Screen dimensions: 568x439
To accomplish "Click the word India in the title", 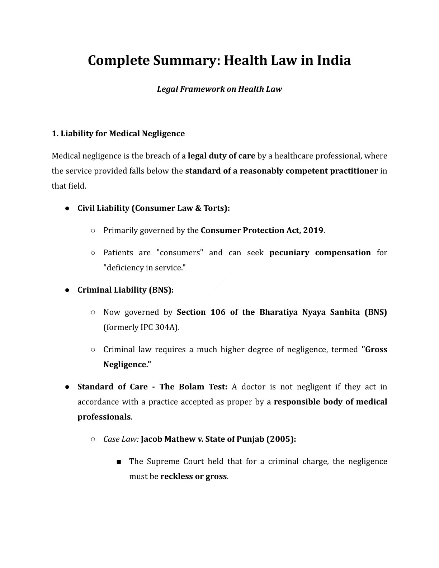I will pos(334,60).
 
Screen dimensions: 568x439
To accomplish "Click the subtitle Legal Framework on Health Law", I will pos(219,89).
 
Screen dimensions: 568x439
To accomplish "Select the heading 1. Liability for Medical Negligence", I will pos(118,134).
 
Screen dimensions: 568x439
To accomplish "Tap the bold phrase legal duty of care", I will pos(221,156).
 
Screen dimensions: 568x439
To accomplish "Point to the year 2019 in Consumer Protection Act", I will pos(313,230).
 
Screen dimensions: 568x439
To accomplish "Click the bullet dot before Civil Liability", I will pos(67,208).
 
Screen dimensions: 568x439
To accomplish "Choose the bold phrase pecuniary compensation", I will pos(320,253).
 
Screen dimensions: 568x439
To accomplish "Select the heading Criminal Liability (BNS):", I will pos(126,290).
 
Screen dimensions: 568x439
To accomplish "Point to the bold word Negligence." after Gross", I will pos(127,365).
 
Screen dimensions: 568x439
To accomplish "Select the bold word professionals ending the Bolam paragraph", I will pos(104,417).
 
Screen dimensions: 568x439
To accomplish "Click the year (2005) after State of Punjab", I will pos(281,439).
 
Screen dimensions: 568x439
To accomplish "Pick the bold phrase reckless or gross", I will pos(193,477).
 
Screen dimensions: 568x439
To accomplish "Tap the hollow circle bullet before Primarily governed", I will pos(93,231).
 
